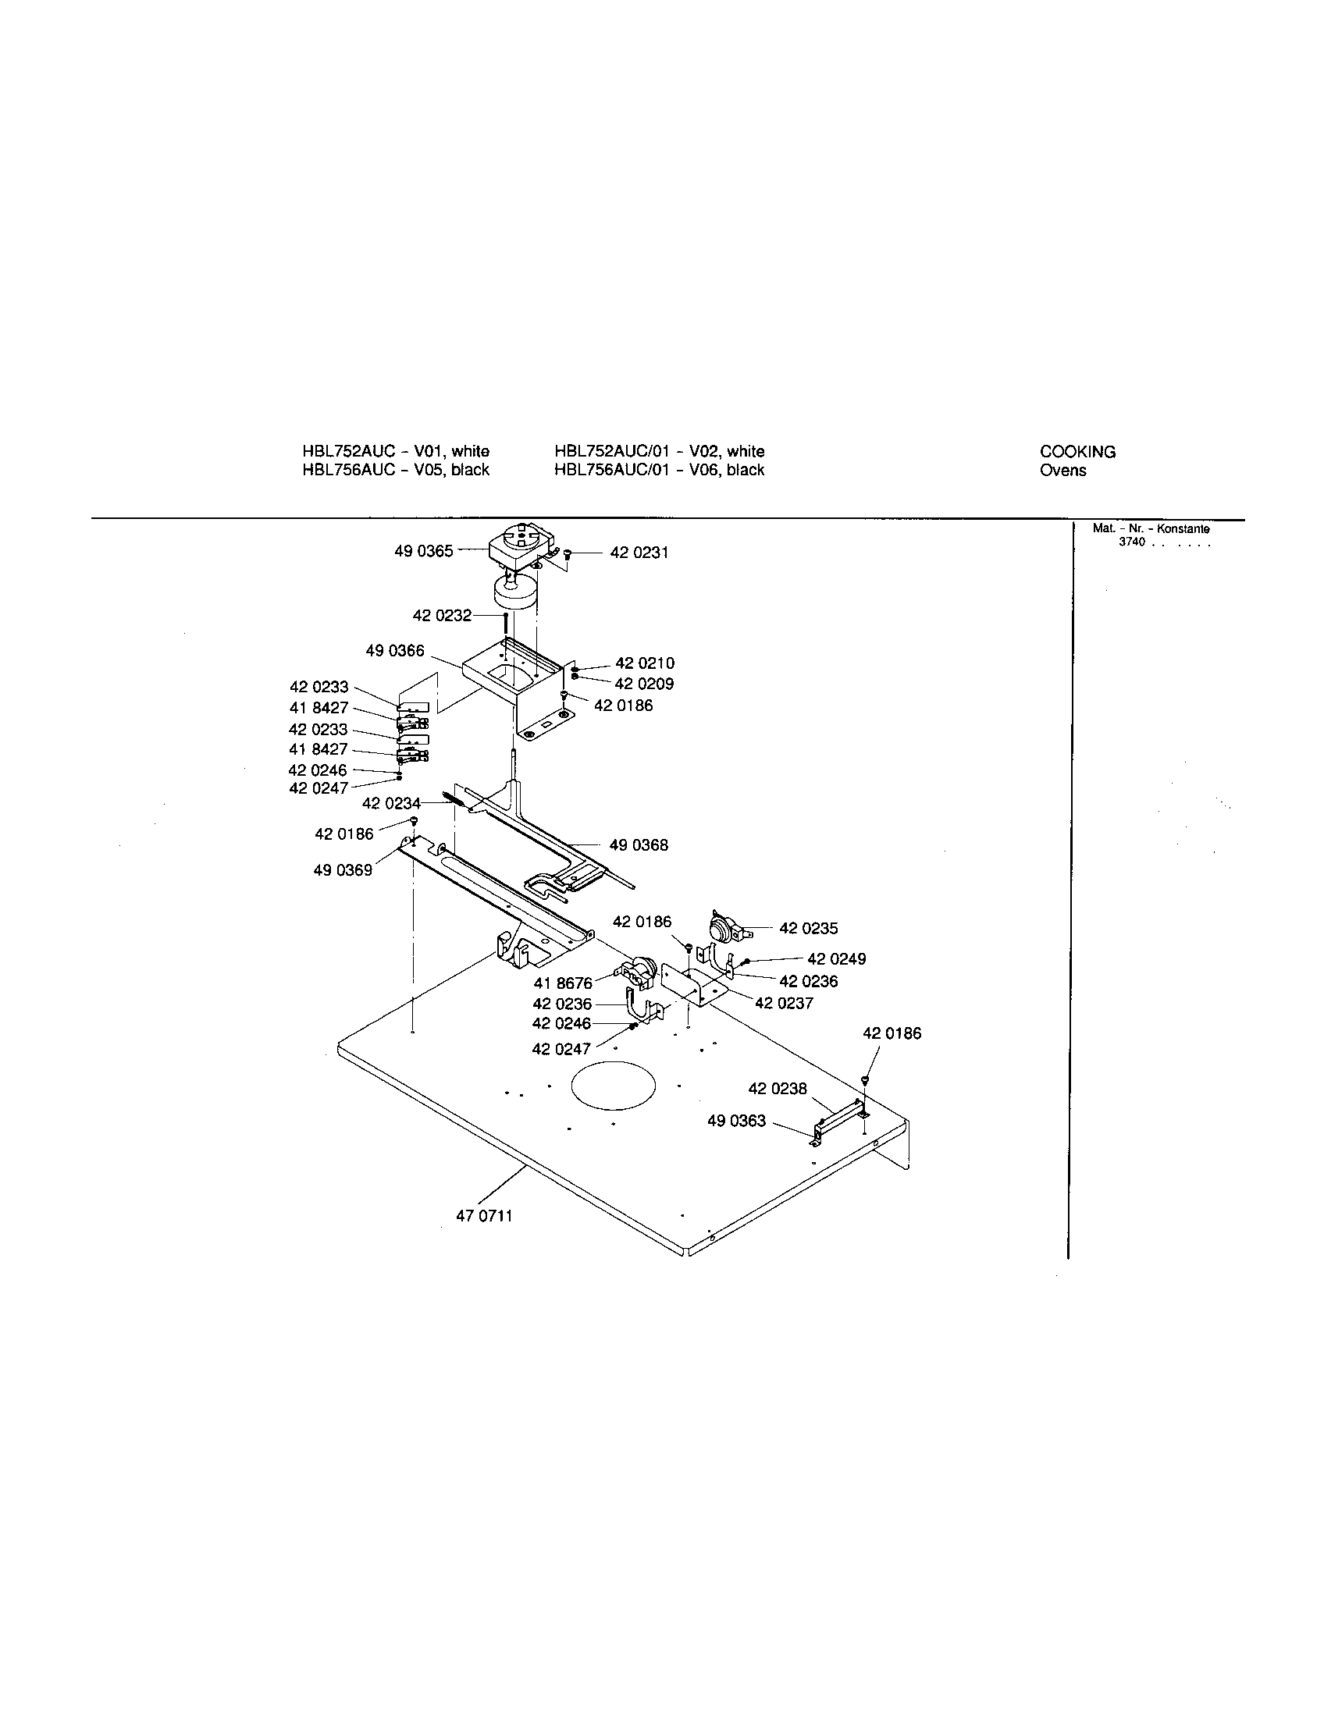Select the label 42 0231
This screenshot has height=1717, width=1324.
(x=639, y=553)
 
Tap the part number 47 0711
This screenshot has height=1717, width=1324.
(x=483, y=1216)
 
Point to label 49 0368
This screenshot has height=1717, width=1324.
(x=639, y=845)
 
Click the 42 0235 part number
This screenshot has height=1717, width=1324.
(x=808, y=929)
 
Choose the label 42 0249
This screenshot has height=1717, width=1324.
(x=837, y=959)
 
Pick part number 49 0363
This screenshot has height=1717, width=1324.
(x=736, y=1121)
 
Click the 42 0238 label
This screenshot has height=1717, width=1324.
(x=777, y=1089)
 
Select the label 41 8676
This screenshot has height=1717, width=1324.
(x=562, y=983)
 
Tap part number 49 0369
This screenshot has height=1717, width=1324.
(x=343, y=871)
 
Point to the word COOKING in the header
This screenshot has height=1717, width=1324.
(x=1077, y=452)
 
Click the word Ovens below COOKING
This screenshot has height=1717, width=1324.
(x=1062, y=471)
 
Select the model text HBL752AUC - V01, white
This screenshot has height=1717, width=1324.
(x=396, y=451)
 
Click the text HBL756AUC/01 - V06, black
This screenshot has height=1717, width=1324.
(x=659, y=470)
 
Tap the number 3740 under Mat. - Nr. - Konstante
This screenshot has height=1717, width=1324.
(x=1131, y=542)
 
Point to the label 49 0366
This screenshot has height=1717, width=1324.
(x=395, y=651)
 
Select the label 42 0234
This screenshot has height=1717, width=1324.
(x=391, y=803)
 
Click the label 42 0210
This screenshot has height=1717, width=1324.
(x=645, y=663)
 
